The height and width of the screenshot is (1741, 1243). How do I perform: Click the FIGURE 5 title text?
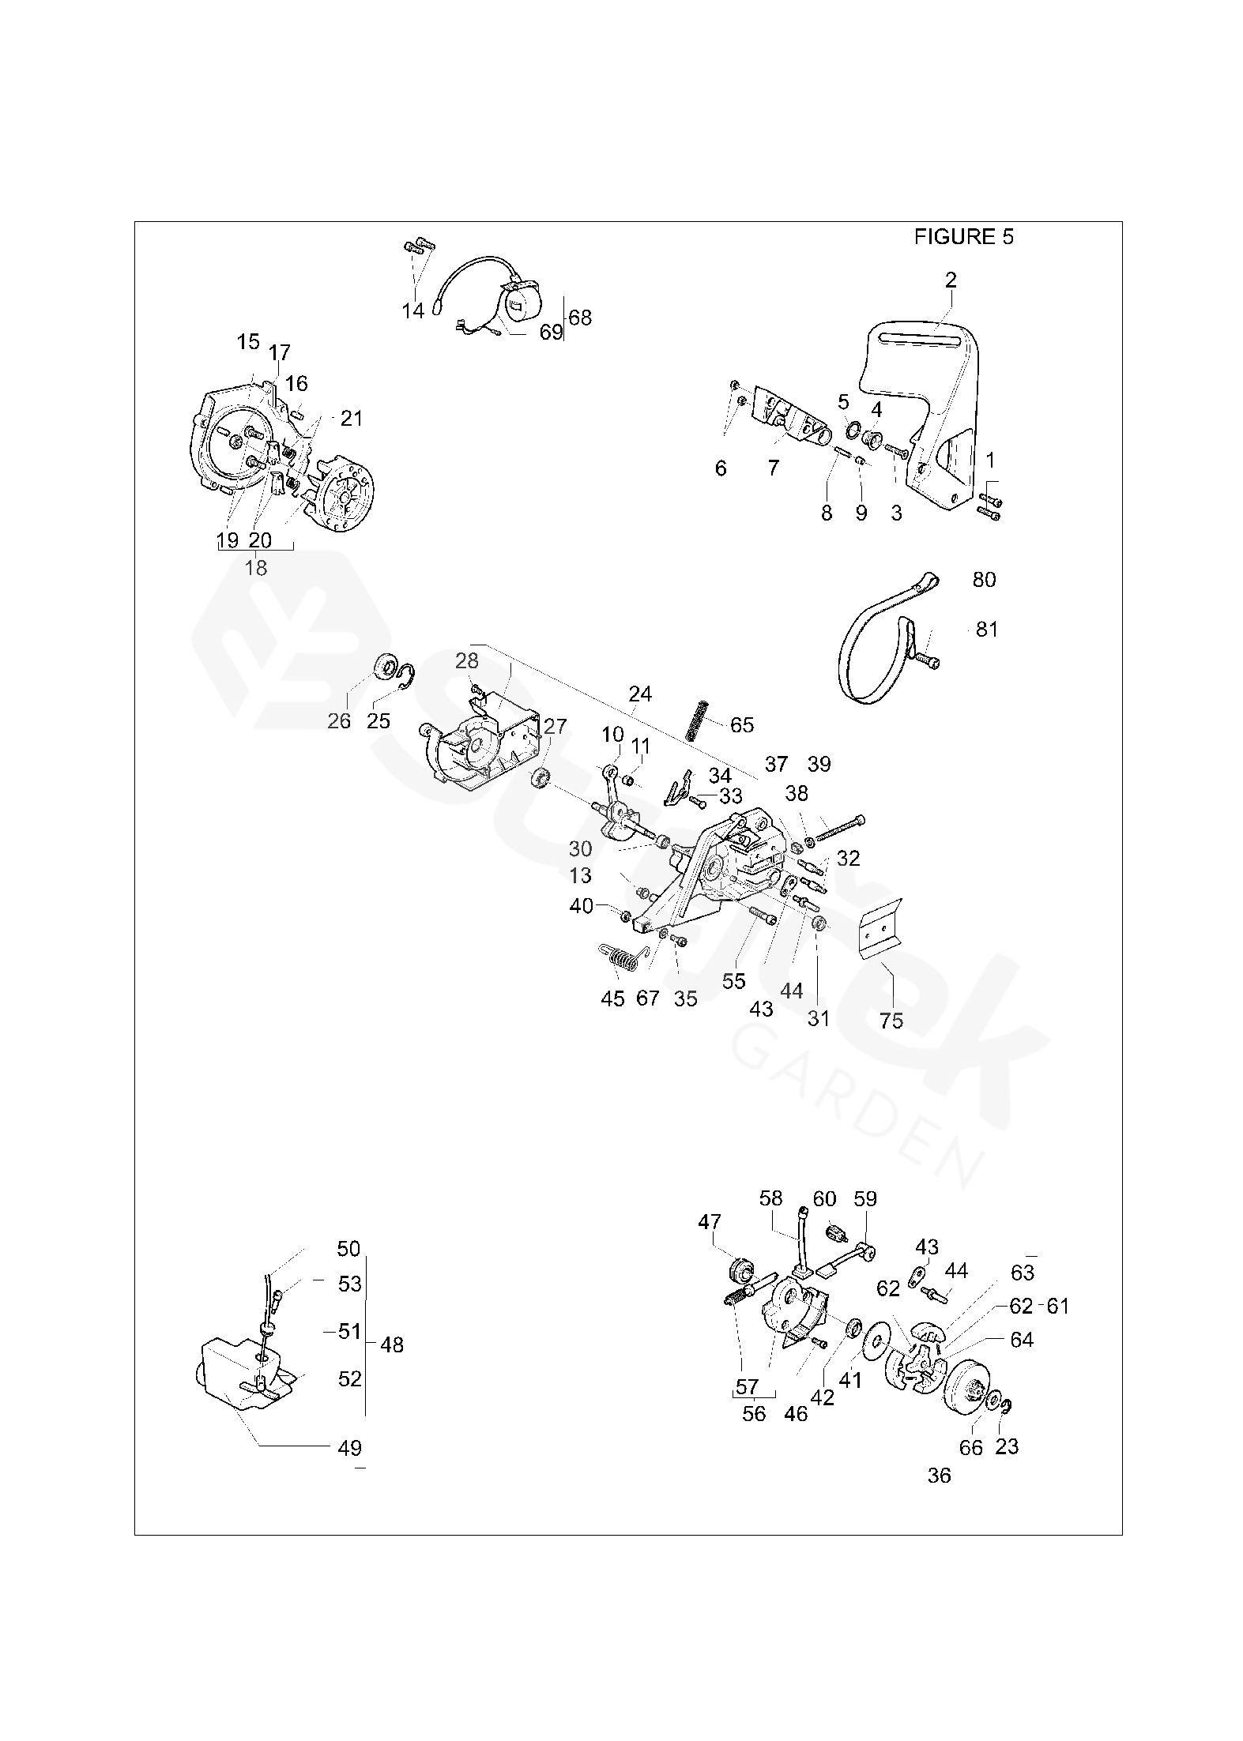tap(963, 236)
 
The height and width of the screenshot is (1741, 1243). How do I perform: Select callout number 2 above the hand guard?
tap(951, 280)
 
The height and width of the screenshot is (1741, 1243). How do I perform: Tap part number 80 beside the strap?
tap(984, 580)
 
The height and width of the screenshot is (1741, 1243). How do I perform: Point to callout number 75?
tap(891, 1021)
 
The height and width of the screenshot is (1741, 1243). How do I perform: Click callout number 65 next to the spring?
tap(742, 724)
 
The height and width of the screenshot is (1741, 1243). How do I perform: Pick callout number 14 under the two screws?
tap(412, 310)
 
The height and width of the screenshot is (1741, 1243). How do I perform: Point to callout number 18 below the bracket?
tap(256, 567)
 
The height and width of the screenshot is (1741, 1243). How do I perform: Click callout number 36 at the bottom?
tap(940, 1476)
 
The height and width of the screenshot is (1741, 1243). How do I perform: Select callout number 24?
tap(640, 694)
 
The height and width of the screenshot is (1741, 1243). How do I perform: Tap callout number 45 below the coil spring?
tap(612, 998)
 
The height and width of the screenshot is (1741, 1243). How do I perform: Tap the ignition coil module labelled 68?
tap(517, 304)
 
